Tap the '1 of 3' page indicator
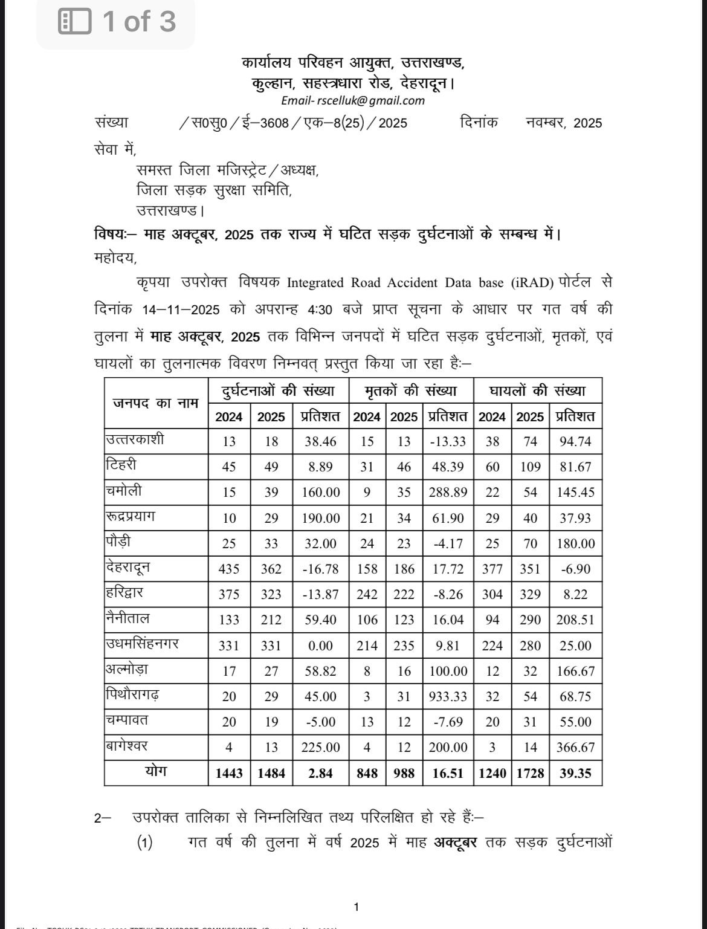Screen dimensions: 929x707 117,22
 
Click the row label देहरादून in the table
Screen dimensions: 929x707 128,568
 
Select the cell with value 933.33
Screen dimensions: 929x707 448,696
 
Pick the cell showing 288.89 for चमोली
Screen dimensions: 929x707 448,492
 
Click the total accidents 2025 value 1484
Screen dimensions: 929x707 271,773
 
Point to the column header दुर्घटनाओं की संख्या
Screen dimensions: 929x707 279,391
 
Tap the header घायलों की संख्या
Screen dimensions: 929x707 538,391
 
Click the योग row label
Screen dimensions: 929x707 156,772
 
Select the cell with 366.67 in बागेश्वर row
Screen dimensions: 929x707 575,747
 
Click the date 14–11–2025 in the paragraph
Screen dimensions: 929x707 181,309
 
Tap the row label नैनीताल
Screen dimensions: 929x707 128,618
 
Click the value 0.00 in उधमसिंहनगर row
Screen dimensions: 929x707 320,646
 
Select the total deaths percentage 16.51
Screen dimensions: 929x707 448,773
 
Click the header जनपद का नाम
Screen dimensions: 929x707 156,403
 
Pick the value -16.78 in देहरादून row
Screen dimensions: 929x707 320,569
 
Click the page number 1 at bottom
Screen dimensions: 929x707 356,907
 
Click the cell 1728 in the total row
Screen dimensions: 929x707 530,773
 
